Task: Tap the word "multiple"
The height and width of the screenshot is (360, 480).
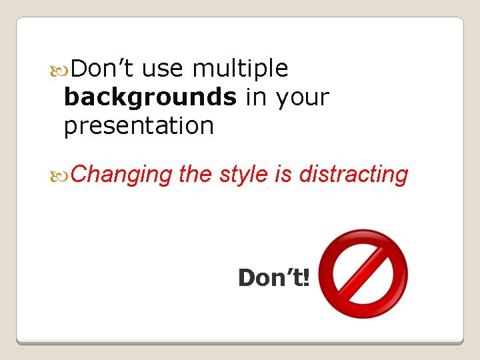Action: pos(240,68)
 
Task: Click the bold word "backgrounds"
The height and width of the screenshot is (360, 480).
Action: pos(150,97)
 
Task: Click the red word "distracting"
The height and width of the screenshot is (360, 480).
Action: pos(353,175)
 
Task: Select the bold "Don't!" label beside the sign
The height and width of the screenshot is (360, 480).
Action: pos(274,277)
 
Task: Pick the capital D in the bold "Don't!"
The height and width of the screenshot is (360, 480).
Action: pos(247,277)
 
